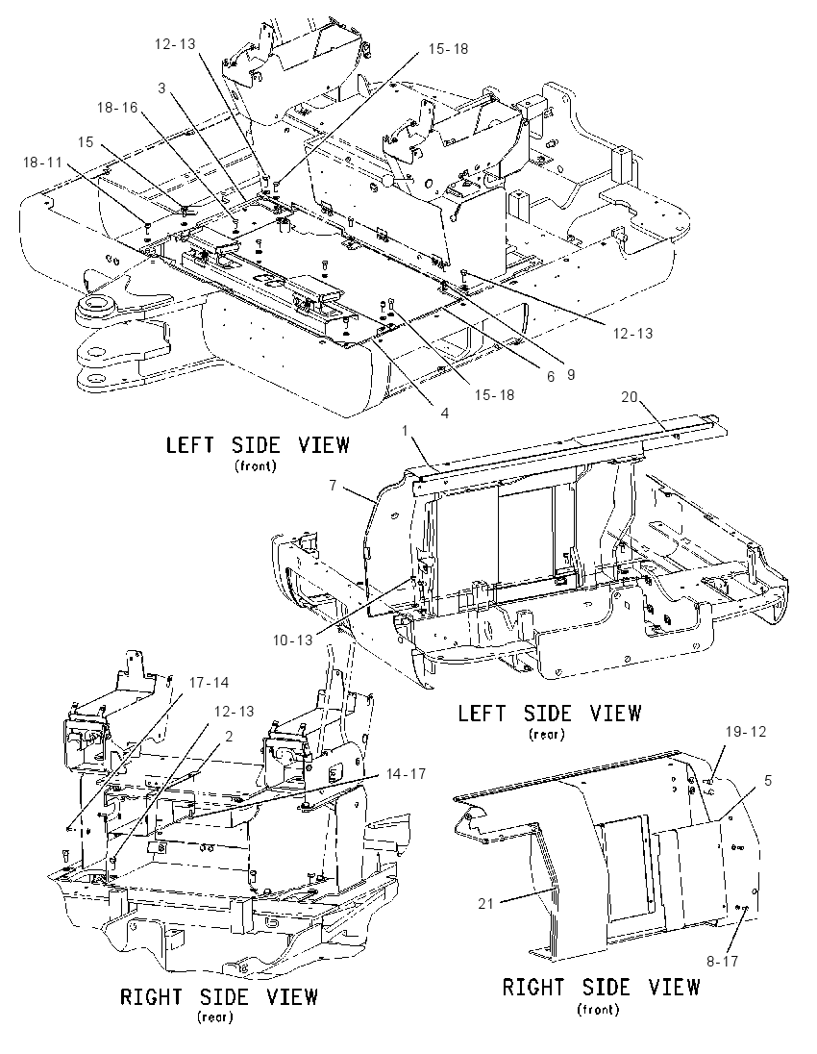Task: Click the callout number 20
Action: click(629, 396)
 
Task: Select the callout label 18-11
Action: click(42, 162)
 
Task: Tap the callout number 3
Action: click(161, 88)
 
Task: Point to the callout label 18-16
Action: click(117, 108)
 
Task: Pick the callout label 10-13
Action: click(292, 640)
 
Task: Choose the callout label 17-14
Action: click(209, 683)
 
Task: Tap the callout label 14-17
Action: click(406, 774)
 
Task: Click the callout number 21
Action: click(485, 904)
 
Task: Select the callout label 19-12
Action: click(746, 731)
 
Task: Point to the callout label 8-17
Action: click(722, 962)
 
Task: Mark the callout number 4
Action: click(445, 414)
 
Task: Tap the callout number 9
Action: click(571, 375)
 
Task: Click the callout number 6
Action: click(551, 377)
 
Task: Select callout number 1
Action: click(406, 430)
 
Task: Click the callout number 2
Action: click(229, 736)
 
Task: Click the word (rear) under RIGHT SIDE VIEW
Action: click(215, 1017)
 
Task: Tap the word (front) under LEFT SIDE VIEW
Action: click(256, 465)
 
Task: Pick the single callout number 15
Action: click(86, 142)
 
